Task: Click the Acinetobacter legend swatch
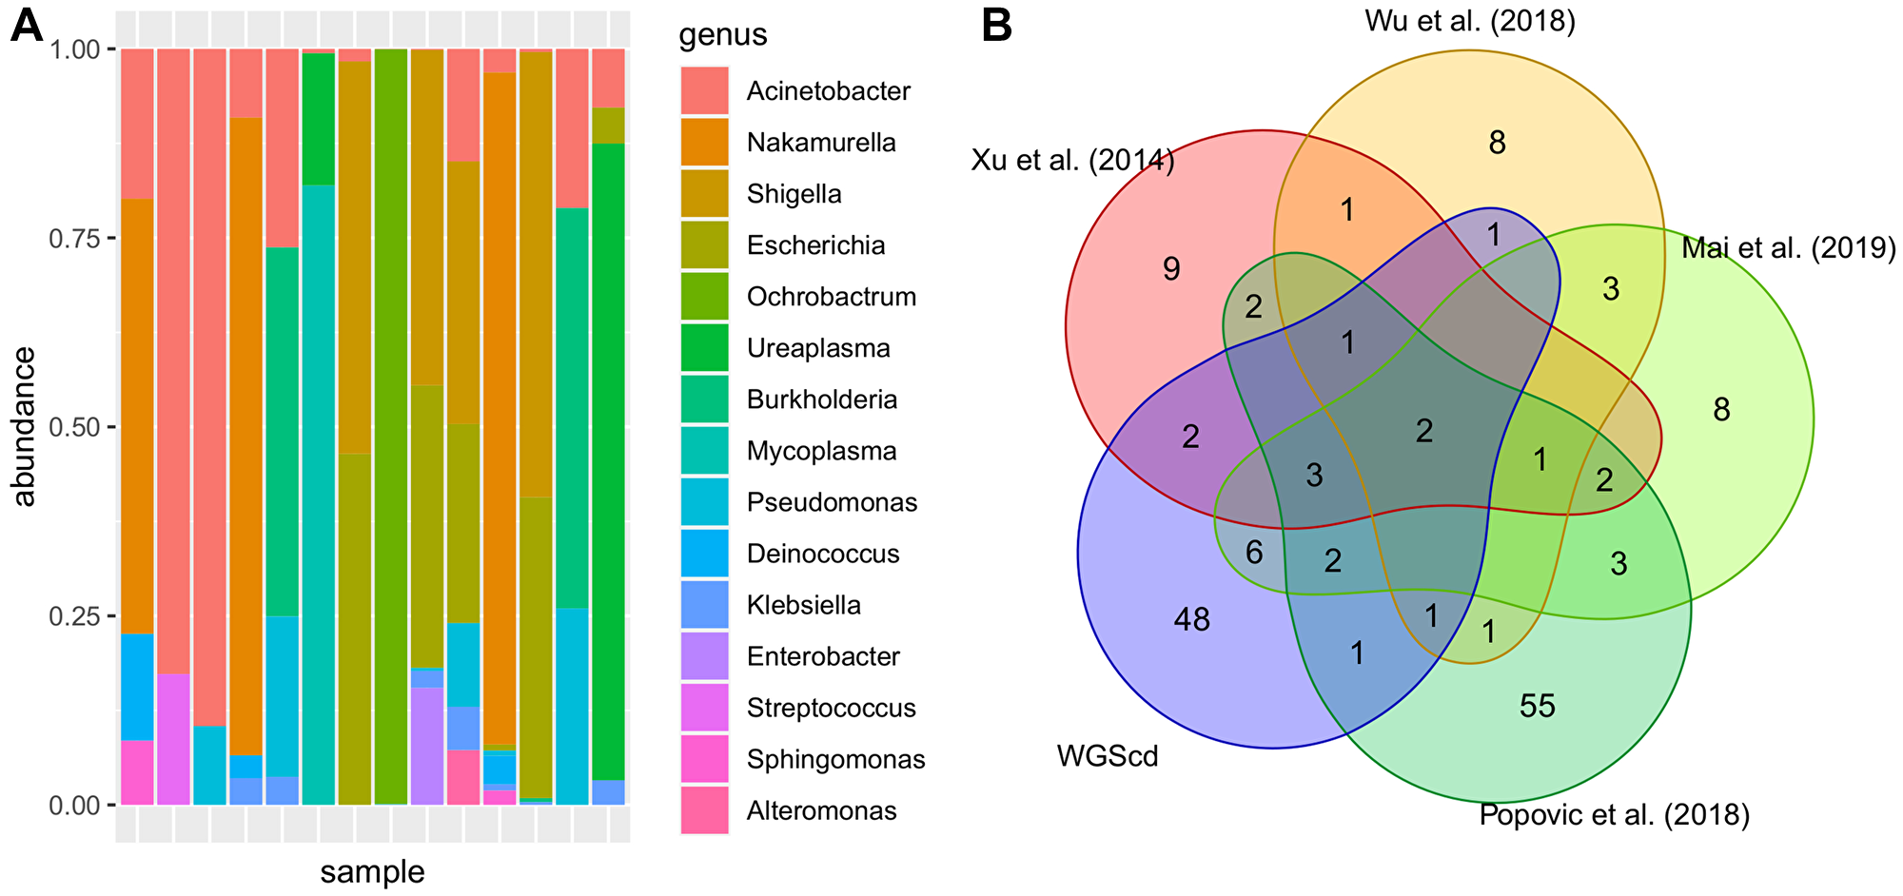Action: point(704,91)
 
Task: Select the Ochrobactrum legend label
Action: point(831,297)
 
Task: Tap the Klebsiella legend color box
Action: point(704,605)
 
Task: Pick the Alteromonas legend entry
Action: point(821,810)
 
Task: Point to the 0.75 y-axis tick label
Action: point(74,238)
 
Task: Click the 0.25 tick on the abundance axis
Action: point(74,615)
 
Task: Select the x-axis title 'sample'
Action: point(372,871)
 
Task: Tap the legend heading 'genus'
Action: point(722,34)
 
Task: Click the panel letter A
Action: point(27,26)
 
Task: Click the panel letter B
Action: point(996,26)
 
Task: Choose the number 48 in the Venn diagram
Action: point(1191,619)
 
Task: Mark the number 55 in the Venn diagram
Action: point(1537,706)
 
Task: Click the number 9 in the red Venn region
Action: point(1171,269)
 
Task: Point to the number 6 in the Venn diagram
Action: point(1254,552)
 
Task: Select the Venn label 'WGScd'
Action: point(1108,757)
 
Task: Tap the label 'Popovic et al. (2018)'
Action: point(1614,815)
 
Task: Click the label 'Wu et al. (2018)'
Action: point(1469,21)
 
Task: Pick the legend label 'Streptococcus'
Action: point(831,708)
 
